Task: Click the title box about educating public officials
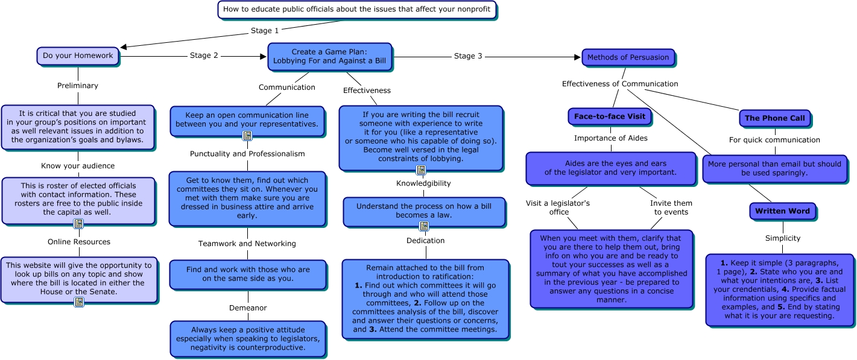click(x=356, y=10)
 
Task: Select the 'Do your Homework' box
click(x=78, y=55)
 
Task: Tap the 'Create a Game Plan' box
click(x=329, y=56)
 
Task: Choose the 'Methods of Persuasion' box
click(x=628, y=57)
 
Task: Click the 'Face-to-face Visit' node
click(x=609, y=116)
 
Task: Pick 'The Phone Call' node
click(x=774, y=118)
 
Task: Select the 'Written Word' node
click(x=783, y=211)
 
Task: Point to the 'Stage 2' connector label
click(x=204, y=55)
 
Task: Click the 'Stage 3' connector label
click(x=468, y=56)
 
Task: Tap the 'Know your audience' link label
click(x=78, y=166)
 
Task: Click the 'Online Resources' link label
click(x=79, y=242)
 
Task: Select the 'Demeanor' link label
click(x=248, y=308)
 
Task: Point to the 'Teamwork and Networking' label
click(x=247, y=244)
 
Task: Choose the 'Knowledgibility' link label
click(x=423, y=183)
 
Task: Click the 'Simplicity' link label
click(x=783, y=238)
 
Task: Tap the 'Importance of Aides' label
click(x=610, y=138)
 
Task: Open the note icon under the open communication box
click(x=247, y=136)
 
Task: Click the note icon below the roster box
click(x=78, y=224)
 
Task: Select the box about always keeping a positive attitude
click(x=248, y=338)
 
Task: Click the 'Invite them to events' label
click(x=671, y=207)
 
